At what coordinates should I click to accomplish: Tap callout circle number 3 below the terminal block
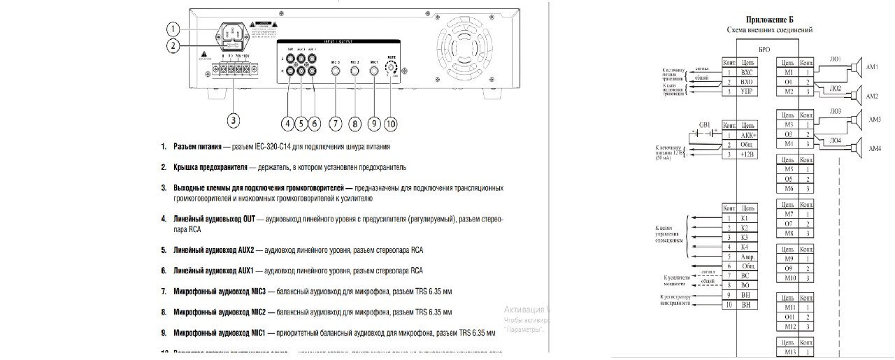(234, 120)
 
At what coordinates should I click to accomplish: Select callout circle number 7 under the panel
(336, 123)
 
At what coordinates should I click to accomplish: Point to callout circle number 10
(390, 123)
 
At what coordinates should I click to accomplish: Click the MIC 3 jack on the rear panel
(335, 70)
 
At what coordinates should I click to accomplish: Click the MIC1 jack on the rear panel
(374, 70)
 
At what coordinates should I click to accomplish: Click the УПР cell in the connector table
(746, 92)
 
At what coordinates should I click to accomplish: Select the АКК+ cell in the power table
(747, 134)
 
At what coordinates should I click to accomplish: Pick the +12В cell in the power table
(746, 154)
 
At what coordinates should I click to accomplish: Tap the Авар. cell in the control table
(747, 257)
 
